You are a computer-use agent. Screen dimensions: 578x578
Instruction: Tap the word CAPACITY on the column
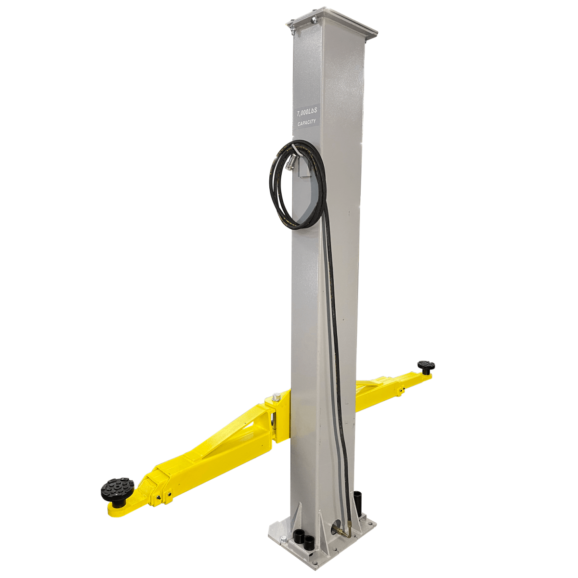(x=307, y=123)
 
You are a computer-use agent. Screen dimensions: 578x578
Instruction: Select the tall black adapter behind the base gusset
(x=358, y=501)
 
